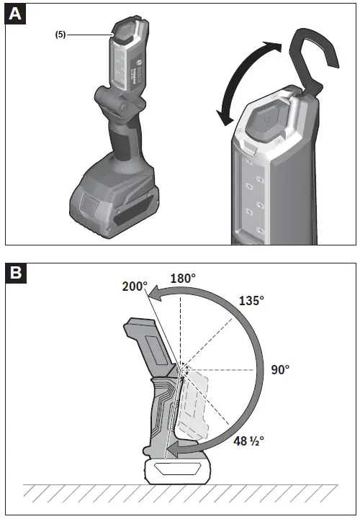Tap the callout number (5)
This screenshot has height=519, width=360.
point(60,34)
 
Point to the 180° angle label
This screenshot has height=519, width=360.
point(183,278)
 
